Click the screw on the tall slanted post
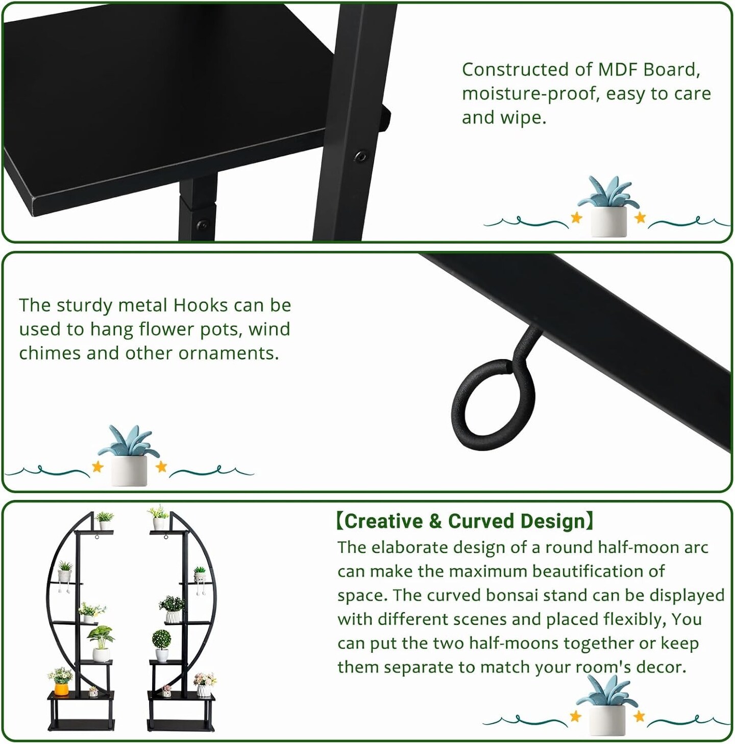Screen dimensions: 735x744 point(360,156)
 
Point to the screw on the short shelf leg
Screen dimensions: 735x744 point(202,224)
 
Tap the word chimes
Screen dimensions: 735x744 point(50,353)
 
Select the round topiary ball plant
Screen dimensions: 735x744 point(162,640)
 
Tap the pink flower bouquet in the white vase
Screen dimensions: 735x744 point(205,680)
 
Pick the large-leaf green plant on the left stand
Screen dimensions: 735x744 point(101,637)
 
